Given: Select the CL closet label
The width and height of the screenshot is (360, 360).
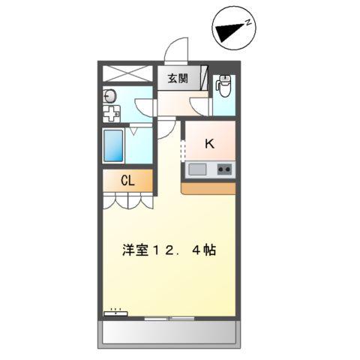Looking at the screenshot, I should (128, 181).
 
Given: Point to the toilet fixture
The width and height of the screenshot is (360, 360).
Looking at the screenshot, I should (223, 87).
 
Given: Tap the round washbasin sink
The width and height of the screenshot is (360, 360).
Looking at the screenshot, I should (110, 95).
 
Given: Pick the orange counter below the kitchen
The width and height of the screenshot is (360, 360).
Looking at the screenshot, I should (209, 187).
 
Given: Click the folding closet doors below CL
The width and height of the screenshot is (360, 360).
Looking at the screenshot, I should (128, 199).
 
